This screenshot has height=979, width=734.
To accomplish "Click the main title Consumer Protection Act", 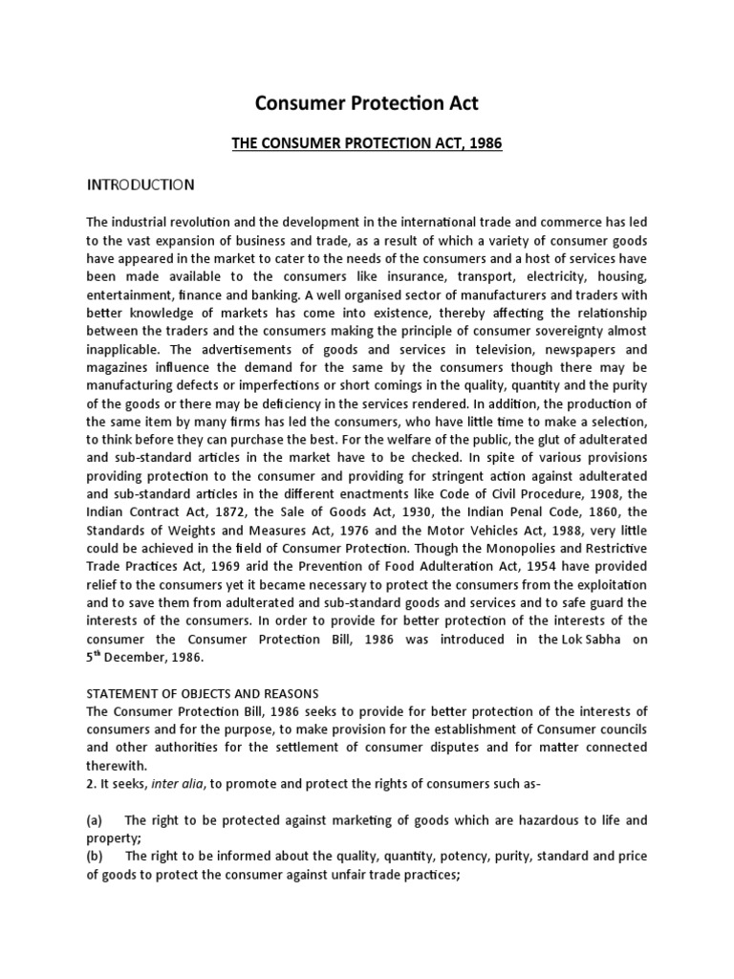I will point(366,104).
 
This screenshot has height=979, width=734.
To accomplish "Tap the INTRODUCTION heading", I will point(140,184).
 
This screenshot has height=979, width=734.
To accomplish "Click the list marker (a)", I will point(95,820).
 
